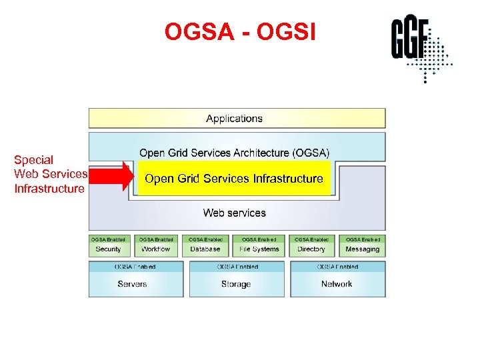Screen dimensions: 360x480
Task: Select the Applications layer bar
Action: (x=237, y=119)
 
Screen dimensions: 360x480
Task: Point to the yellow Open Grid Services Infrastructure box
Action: (x=234, y=179)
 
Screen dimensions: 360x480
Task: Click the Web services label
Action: (x=234, y=213)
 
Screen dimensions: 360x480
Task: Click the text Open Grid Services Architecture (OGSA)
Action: (x=234, y=153)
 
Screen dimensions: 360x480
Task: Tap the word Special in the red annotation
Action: (x=34, y=160)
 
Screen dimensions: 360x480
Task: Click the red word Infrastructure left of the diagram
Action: (x=49, y=189)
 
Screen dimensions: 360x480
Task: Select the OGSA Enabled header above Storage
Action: (x=236, y=267)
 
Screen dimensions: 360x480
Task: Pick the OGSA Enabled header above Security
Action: (x=108, y=239)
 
